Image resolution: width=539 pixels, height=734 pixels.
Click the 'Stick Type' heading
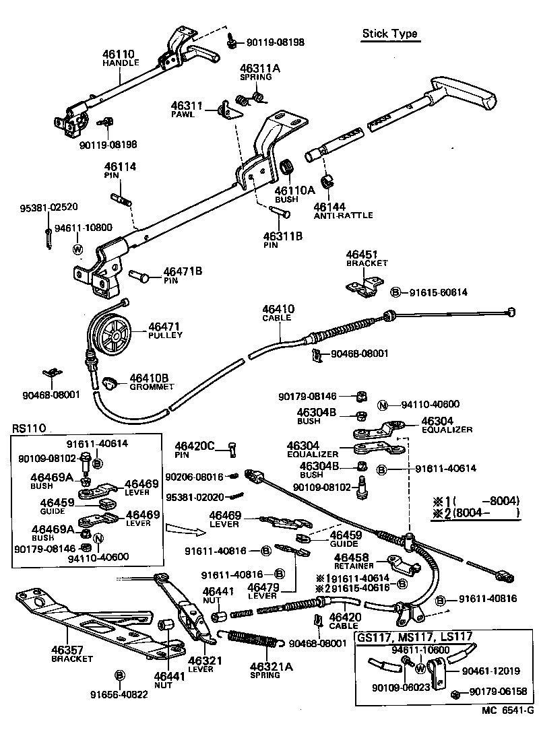point(389,34)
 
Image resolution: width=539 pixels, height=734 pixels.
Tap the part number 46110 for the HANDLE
point(119,53)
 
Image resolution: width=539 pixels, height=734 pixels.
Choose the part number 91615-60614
point(439,292)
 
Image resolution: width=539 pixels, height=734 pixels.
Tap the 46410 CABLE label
point(278,313)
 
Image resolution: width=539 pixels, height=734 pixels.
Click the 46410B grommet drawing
point(110,384)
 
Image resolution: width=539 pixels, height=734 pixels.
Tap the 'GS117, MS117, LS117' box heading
point(414,636)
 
